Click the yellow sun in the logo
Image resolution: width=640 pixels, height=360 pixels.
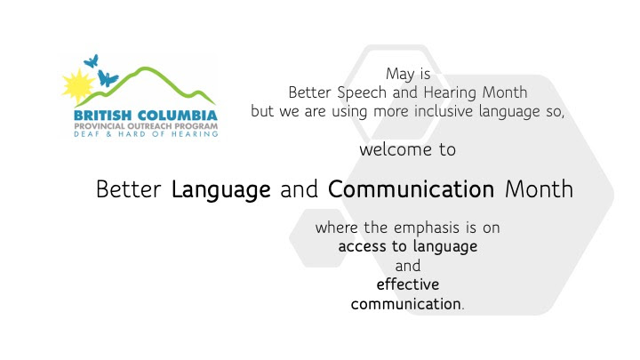tap(77, 86)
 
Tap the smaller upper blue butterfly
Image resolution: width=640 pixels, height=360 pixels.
tap(92, 61)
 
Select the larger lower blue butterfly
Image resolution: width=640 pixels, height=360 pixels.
tap(107, 78)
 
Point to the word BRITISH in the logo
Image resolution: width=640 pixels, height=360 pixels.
tap(102, 116)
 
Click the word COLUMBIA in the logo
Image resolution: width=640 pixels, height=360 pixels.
tap(178, 116)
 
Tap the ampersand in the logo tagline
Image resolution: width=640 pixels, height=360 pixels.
tap(108, 134)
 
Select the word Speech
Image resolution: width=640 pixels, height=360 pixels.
tap(362, 93)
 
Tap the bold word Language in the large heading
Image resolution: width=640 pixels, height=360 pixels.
tap(220, 190)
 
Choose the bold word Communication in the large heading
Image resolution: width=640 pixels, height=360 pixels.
tap(411, 189)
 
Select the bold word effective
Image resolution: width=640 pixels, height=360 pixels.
tap(408, 284)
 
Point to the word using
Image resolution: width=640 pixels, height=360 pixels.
tap(349, 112)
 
